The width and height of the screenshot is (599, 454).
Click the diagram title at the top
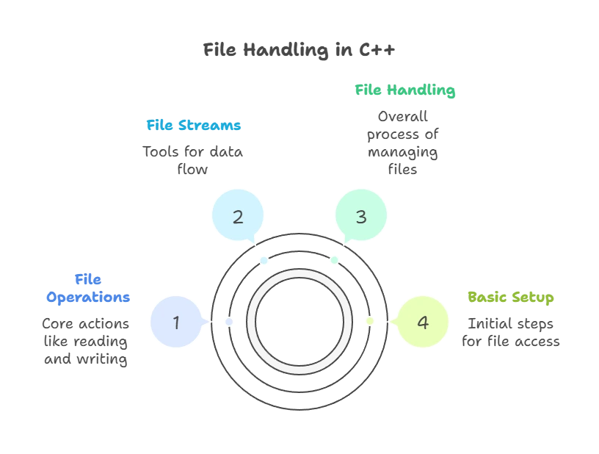click(x=300, y=51)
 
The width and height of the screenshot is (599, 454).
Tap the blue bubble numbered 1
click(x=175, y=322)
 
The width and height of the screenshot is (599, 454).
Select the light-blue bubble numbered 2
click(x=237, y=217)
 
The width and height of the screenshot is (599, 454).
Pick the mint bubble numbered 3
click(x=360, y=217)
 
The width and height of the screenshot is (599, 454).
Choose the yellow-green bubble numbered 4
click(x=422, y=322)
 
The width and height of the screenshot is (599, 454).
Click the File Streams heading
click(x=194, y=126)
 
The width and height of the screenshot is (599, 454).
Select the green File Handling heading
click(x=406, y=90)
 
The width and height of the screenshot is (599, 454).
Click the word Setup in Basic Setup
click(x=535, y=298)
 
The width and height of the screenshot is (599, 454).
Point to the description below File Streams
click(x=194, y=159)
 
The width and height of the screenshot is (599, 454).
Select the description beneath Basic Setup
click(x=511, y=331)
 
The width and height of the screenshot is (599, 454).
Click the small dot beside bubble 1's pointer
click(x=229, y=322)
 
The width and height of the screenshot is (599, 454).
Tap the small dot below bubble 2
click(x=264, y=260)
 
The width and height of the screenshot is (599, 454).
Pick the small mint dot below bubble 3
click(x=335, y=260)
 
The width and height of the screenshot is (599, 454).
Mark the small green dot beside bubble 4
click(x=369, y=322)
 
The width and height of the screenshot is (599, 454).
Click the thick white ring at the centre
click(x=299, y=275)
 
